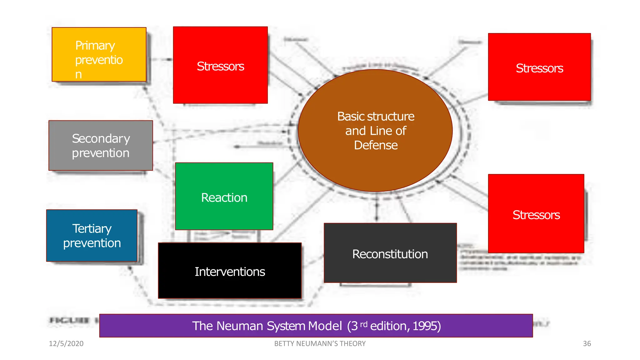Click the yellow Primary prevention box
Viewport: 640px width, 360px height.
[99, 55]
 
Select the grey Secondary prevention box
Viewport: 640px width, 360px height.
[101, 146]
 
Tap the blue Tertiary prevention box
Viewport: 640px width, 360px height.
[92, 236]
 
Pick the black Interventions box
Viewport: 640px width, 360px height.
[230, 271]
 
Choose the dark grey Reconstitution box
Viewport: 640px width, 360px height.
[390, 253]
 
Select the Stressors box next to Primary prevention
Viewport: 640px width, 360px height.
[220, 65]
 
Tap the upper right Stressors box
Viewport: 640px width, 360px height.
[539, 67]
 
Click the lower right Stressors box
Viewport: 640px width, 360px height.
[536, 214]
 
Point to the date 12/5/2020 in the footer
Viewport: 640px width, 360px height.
[66, 344]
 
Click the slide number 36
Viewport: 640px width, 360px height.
[587, 344]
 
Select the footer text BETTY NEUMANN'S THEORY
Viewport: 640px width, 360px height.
[320, 344]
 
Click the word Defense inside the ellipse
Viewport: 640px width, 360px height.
[376, 145]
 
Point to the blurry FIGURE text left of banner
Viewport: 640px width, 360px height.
[70, 320]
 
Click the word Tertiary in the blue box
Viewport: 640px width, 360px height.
[92, 228]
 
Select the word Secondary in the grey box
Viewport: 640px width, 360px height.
[101, 138]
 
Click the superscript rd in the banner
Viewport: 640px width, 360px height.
[364, 324]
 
